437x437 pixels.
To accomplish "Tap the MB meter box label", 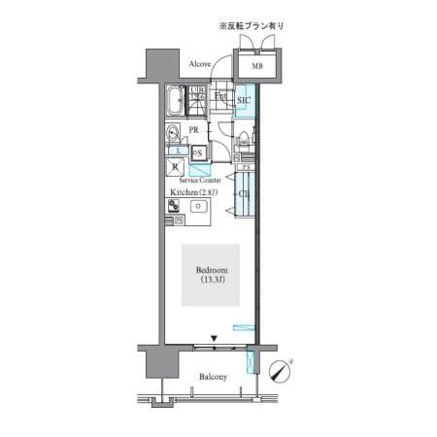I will tap(258, 66).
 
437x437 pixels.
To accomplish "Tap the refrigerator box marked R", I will tap(176, 167).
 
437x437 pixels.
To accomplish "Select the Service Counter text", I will tap(200, 181).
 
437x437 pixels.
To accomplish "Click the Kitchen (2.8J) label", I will tap(194, 192).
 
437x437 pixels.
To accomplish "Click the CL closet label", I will tap(243, 194).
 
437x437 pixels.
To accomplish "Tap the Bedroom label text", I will tap(212, 269).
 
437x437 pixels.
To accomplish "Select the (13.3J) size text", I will tap(212, 281).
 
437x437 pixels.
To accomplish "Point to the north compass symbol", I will tap(280, 370).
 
